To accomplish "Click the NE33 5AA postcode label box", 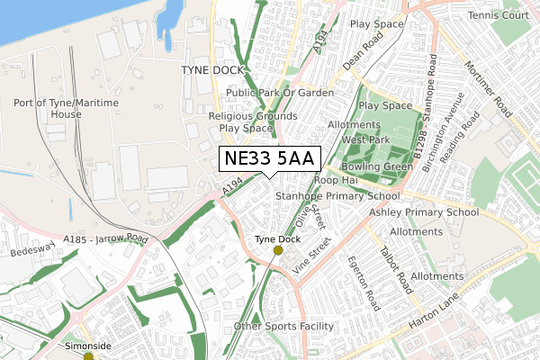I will click(269, 159).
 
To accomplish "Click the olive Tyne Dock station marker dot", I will click(277, 251).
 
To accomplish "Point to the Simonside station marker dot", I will click(88, 356).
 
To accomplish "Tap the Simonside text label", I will click(88, 345).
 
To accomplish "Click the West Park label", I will click(365, 139).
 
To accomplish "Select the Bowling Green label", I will click(370, 167).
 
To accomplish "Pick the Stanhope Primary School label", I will click(337, 195).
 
